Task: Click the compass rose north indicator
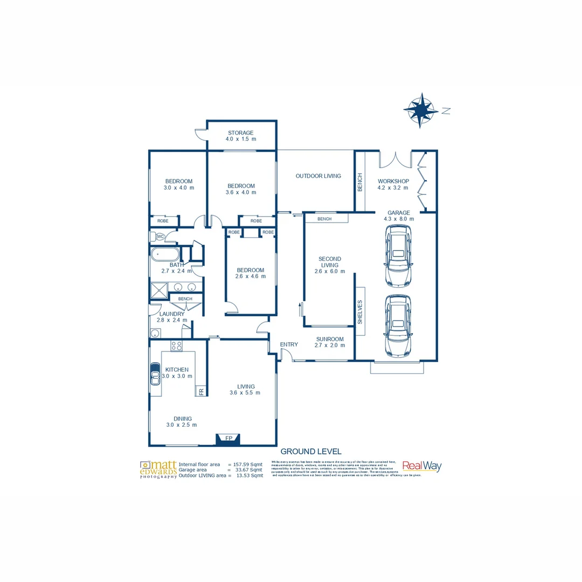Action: click(421, 110)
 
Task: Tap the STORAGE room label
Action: click(240, 133)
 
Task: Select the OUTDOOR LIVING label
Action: click(318, 176)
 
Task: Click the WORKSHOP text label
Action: click(393, 181)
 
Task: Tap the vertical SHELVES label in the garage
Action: click(359, 312)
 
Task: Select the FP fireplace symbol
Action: click(228, 439)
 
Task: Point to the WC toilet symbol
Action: click(160, 237)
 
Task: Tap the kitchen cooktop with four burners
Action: click(176, 345)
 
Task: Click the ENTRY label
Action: click(289, 345)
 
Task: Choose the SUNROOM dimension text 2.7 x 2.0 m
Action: click(330, 345)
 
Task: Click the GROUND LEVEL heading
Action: click(311, 452)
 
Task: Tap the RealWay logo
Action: click(421, 467)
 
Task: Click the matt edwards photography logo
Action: click(158, 469)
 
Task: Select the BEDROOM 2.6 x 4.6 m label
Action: click(250, 273)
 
